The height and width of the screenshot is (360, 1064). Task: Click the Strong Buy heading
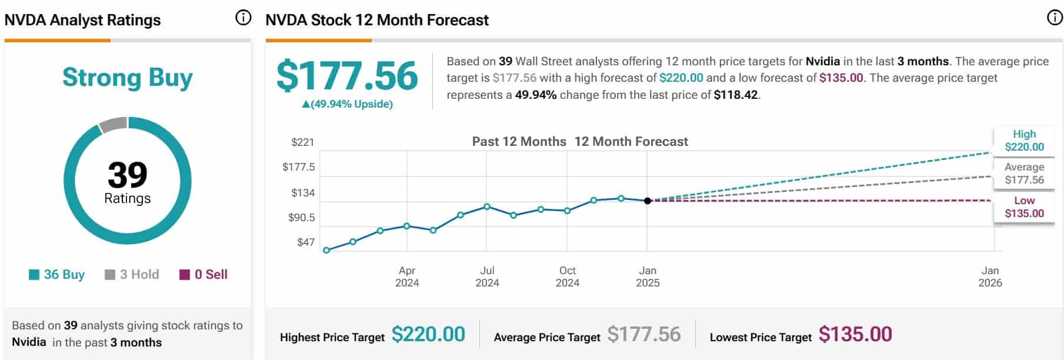tap(128, 78)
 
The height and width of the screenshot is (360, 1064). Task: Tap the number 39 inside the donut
tap(128, 175)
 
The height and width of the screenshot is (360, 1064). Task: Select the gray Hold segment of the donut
tap(113, 124)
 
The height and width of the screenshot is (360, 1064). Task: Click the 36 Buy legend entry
tap(57, 275)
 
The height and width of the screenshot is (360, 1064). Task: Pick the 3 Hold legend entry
tap(132, 275)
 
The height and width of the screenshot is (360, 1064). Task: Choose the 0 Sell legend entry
tap(204, 275)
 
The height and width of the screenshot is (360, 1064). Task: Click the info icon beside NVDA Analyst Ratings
tap(243, 18)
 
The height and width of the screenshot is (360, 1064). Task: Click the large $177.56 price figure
tap(347, 76)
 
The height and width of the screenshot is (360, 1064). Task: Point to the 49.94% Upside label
tap(347, 104)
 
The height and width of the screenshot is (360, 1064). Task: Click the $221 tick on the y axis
tap(302, 142)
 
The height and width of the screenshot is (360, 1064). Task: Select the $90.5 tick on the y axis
tap(301, 218)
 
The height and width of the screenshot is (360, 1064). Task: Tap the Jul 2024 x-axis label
tap(487, 276)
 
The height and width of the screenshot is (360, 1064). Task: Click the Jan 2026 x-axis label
tap(990, 276)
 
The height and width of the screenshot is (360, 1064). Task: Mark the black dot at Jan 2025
tap(648, 201)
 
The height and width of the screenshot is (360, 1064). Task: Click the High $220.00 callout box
tap(1024, 141)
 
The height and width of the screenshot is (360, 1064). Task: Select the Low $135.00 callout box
tap(1024, 207)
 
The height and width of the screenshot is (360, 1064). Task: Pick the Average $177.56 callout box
tap(1024, 174)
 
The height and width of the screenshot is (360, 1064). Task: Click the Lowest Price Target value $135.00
tap(855, 334)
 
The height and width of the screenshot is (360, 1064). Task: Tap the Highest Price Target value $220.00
tap(428, 334)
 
